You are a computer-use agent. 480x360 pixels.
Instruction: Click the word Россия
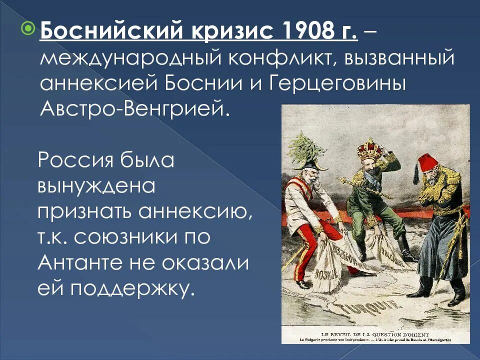(75, 160)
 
